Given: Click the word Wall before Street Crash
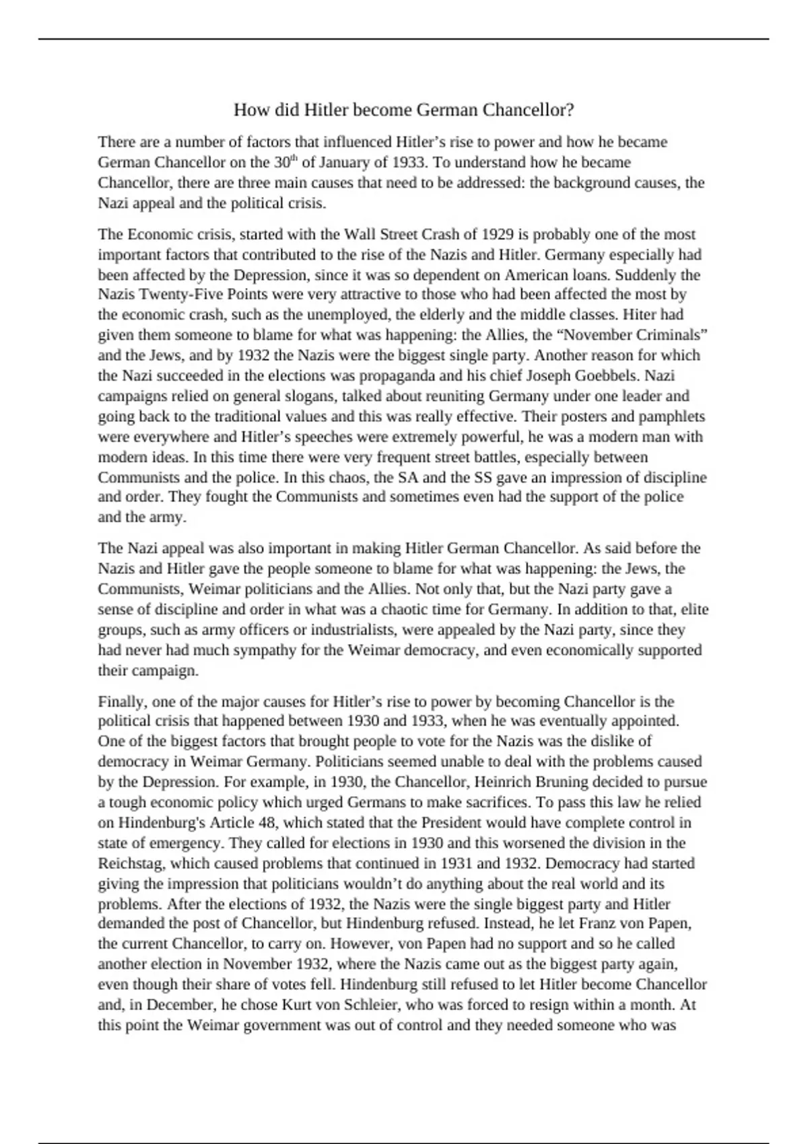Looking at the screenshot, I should pos(359,234).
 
